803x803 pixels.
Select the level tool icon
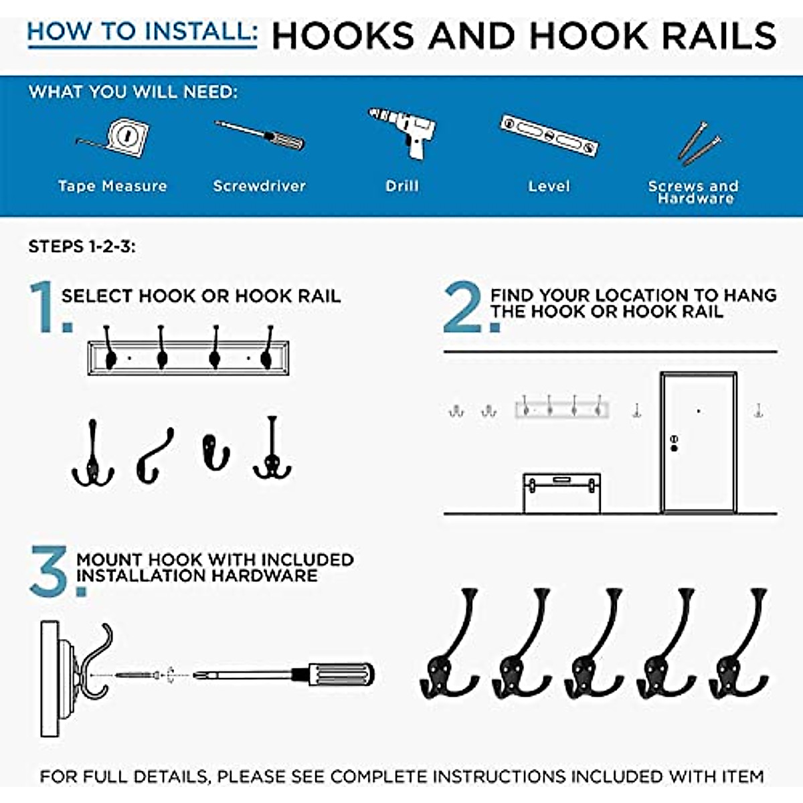(549, 136)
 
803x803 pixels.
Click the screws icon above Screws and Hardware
(699, 143)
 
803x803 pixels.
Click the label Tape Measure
(112, 186)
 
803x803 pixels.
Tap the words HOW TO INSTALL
(142, 32)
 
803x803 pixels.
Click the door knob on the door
(674, 443)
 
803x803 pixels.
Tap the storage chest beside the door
(561, 493)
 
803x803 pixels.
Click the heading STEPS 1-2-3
(82, 247)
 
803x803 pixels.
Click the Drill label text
(402, 186)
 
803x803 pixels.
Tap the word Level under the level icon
(549, 186)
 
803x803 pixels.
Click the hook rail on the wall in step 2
(561, 408)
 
